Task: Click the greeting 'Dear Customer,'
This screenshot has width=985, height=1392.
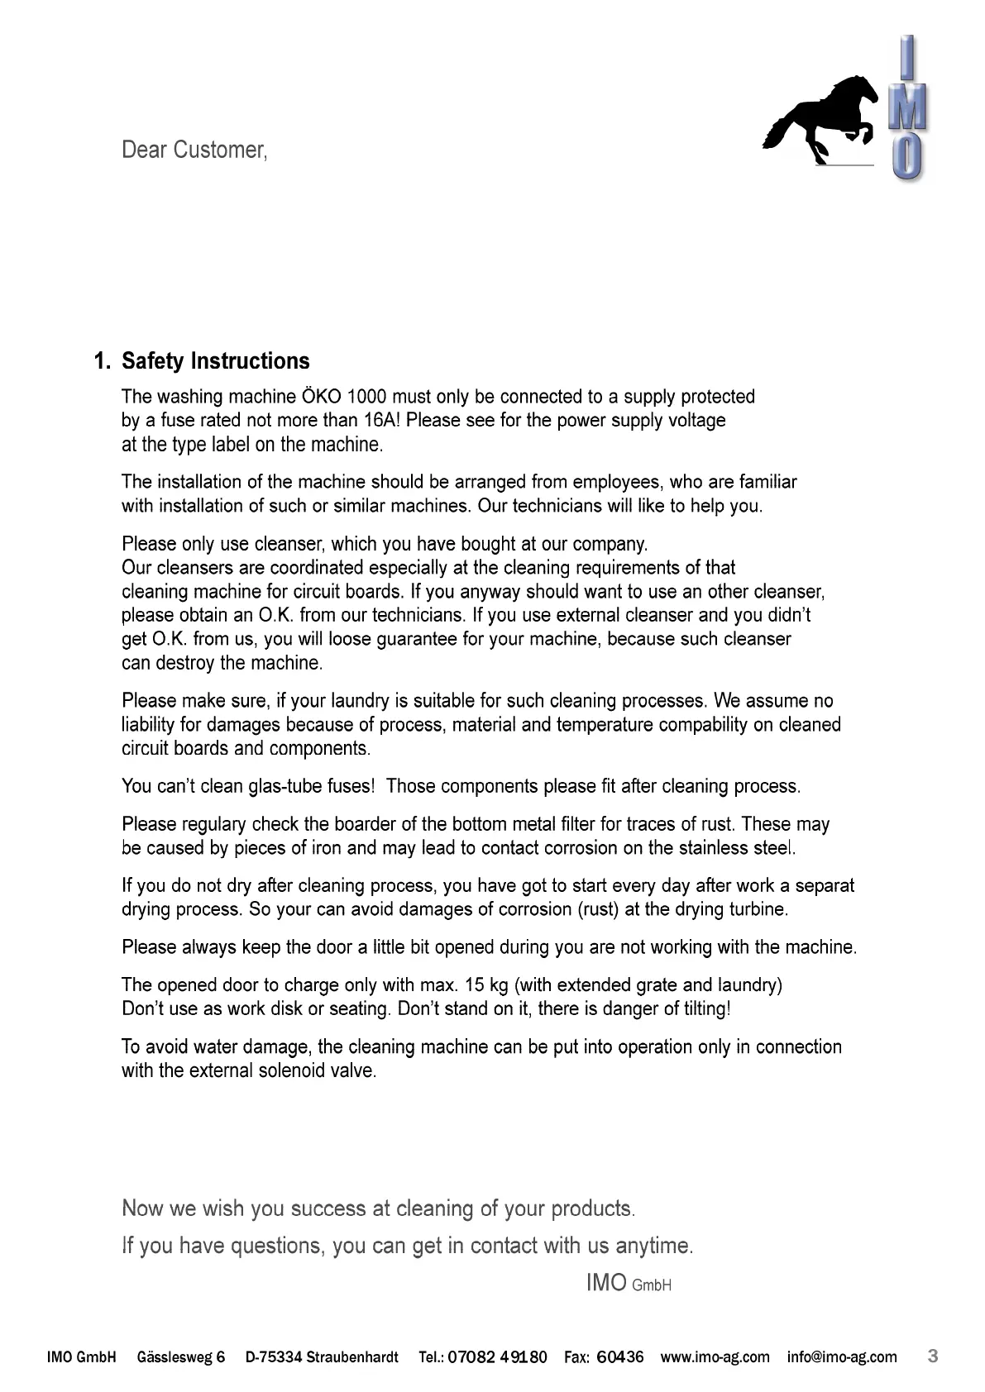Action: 194,150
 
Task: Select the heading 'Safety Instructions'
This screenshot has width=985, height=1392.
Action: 216,361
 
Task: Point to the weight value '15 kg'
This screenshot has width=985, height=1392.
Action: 486,985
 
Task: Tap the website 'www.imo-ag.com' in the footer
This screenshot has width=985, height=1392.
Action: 715,1357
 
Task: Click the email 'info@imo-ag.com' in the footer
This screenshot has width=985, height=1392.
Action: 841,1357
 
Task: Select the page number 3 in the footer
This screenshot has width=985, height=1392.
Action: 933,1356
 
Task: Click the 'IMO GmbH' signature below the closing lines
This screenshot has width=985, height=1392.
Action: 628,1283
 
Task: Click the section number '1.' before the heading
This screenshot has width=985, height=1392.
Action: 103,361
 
